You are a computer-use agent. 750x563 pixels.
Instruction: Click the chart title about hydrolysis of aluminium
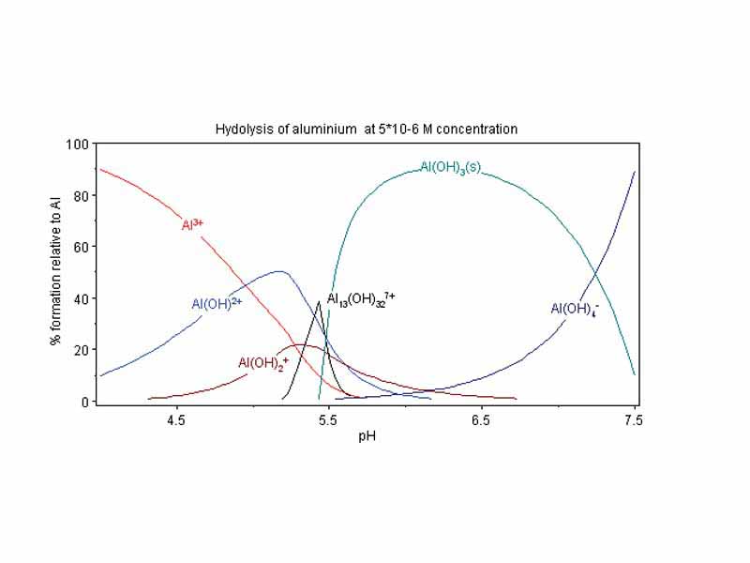(x=366, y=129)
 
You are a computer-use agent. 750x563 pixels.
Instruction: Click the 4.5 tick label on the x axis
(x=175, y=421)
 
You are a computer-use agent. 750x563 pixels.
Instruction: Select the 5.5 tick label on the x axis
(x=328, y=421)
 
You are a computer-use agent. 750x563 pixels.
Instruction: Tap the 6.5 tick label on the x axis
(x=481, y=421)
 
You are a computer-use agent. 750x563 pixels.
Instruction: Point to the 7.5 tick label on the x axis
(x=633, y=421)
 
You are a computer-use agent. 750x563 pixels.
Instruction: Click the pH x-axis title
(x=367, y=436)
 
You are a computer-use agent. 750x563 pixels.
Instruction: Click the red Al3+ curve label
(x=192, y=225)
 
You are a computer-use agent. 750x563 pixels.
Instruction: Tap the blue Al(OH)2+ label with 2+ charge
(x=217, y=304)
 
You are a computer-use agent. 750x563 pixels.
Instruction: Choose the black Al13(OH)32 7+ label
(x=361, y=300)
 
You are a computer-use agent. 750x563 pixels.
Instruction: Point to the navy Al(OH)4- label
(x=574, y=309)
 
